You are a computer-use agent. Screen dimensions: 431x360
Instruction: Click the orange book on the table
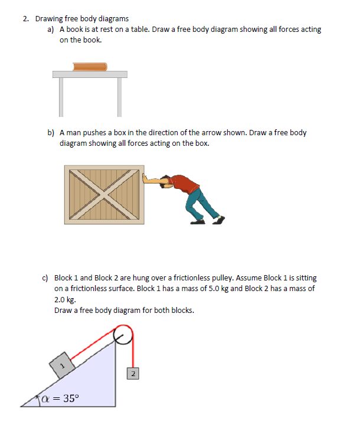coord(90,66)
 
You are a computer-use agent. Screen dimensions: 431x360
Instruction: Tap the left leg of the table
coord(60,96)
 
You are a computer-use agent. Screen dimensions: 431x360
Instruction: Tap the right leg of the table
coord(119,96)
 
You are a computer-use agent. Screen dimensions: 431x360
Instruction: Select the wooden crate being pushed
coord(103,194)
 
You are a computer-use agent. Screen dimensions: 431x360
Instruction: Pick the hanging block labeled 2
coord(133,374)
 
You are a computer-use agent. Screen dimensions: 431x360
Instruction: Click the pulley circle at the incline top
coord(124,335)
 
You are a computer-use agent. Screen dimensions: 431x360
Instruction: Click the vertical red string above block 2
coord(133,354)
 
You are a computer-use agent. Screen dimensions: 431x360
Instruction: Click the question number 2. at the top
coord(27,19)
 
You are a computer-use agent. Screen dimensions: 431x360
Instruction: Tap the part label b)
coord(51,133)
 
